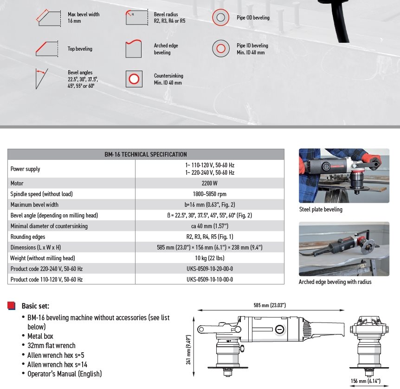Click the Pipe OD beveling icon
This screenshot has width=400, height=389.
point(221,18)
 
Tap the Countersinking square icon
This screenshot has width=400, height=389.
point(134,79)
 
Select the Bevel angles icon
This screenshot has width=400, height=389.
point(42,78)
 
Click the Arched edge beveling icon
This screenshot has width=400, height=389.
point(134,48)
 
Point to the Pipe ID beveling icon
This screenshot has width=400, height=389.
point(221,48)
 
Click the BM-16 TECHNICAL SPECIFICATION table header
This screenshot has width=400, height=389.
point(146,154)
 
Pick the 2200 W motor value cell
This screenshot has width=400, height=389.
point(210,183)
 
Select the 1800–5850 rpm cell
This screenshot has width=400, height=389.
point(210,194)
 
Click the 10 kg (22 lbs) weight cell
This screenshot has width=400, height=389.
point(210,258)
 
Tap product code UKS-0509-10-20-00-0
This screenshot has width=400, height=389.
point(210,269)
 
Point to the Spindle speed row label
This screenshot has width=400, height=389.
point(41,194)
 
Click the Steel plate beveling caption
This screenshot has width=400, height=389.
point(321,210)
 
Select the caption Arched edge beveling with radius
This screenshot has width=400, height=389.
point(335,282)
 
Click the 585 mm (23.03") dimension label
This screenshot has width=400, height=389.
point(270,305)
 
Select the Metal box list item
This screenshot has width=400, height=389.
point(40,336)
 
